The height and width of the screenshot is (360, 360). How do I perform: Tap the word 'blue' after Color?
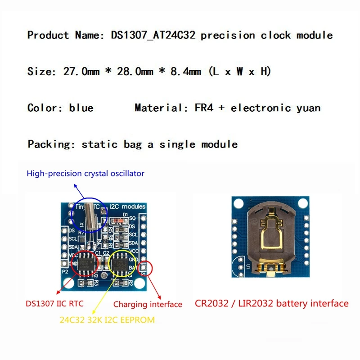tap(81, 108)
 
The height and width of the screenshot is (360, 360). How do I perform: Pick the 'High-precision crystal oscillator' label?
tap(85, 173)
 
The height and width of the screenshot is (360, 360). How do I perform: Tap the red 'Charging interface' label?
tap(148, 305)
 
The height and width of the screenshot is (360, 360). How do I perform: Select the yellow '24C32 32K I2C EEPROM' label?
tap(107, 320)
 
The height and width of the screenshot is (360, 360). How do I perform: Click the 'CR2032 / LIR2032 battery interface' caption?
tap(271, 304)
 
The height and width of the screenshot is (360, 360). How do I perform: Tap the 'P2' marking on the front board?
tap(65, 272)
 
